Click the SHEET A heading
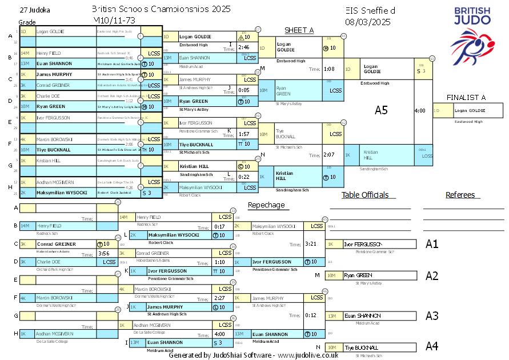coord(299,30)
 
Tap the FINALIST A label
coord(466,97)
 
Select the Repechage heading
coord(266,205)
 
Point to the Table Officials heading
coord(364,195)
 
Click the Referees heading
coord(460,195)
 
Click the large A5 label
coord(381,110)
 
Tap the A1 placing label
coord(432,244)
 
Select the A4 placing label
coord(432,346)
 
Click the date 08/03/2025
coord(368,22)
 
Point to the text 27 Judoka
coord(34,10)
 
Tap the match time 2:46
coord(244,47)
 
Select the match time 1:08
coord(329,69)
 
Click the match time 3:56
coord(103,253)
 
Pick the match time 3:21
coord(311,244)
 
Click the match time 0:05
coord(244,90)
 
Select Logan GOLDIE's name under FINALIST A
coord(470,110)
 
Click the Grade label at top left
coord(27,22)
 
